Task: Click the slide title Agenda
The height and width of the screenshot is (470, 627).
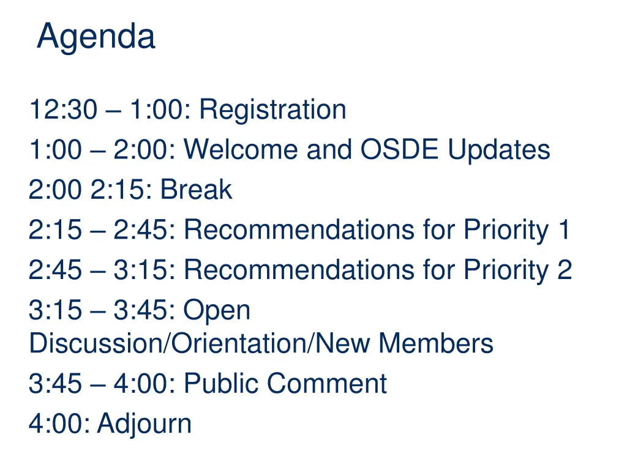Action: pos(96,37)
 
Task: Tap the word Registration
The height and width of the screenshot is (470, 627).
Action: pos(272,110)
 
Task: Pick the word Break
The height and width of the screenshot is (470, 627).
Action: pos(196,190)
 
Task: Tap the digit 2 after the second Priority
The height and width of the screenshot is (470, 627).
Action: pos(565,270)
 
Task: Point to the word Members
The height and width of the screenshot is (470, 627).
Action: pos(435,343)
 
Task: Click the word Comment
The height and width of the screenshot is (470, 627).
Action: pos(326,384)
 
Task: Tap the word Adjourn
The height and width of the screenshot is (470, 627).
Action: pos(144,423)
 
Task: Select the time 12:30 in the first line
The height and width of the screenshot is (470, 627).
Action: pos(63,110)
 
